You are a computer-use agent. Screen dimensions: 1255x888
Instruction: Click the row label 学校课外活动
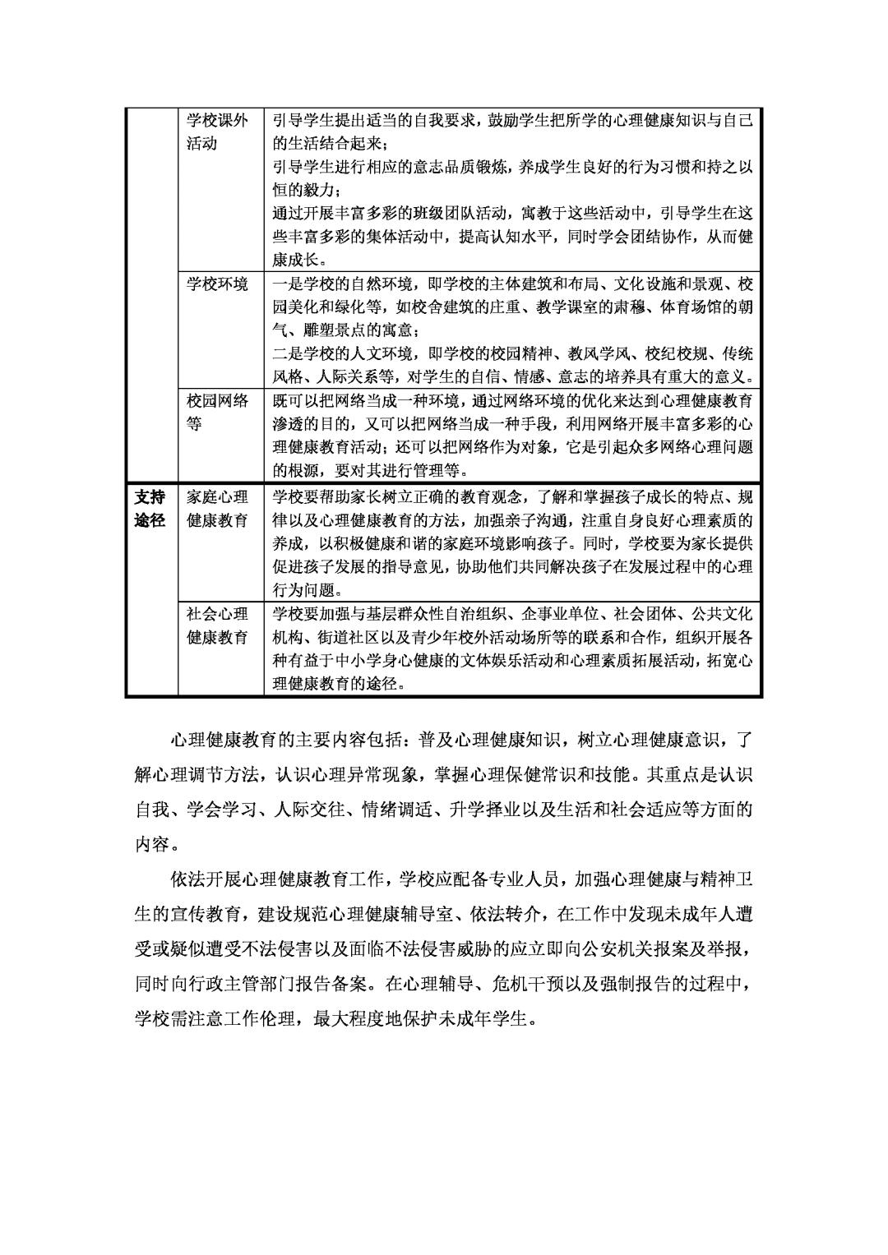tap(216, 131)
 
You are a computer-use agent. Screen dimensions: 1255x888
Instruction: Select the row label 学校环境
tap(216, 284)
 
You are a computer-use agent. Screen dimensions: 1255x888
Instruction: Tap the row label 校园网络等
tap(216, 413)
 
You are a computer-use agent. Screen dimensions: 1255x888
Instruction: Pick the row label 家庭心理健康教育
tap(216, 509)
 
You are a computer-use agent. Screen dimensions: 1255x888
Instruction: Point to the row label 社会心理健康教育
tap(216, 625)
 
